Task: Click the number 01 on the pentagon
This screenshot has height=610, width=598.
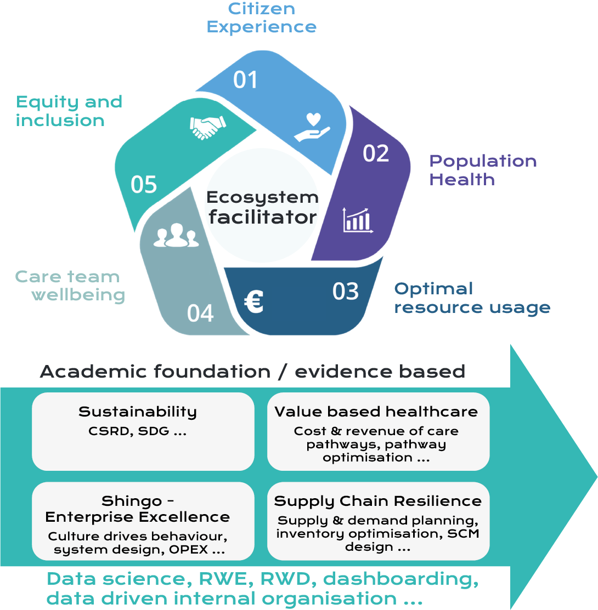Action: (245, 80)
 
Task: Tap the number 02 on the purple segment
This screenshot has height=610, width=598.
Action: (376, 153)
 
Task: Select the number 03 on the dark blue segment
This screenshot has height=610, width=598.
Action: (346, 291)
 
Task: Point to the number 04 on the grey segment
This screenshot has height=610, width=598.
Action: (200, 313)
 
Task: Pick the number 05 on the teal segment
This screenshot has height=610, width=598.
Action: (144, 185)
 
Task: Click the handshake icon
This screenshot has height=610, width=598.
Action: (207, 127)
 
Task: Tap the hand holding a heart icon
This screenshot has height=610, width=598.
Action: (312, 127)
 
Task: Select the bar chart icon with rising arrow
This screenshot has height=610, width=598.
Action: (358, 220)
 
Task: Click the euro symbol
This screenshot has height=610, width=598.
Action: (254, 301)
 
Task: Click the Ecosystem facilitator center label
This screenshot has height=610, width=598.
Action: (263, 207)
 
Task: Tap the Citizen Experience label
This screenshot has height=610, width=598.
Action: (262, 18)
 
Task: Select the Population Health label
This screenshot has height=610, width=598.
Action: (483, 170)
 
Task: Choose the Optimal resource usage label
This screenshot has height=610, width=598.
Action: (472, 298)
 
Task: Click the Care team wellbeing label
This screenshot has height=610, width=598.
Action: (70, 286)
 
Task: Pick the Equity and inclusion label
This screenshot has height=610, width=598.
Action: (69, 111)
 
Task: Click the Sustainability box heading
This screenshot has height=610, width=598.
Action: (137, 412)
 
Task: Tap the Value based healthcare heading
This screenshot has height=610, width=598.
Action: (376, 412)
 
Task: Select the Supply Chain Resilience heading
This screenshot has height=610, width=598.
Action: (378, 501)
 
